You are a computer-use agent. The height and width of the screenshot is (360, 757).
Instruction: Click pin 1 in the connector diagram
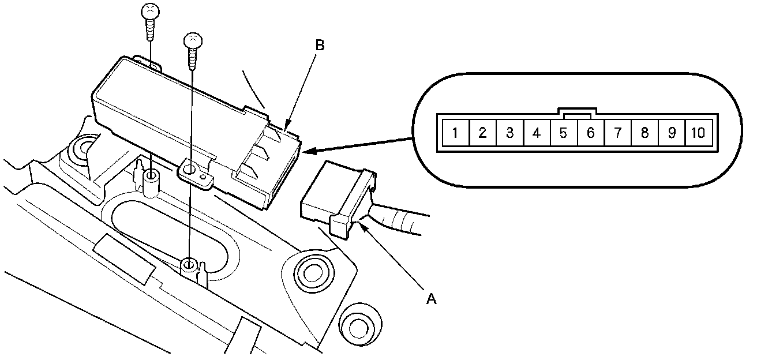tap(455, 133)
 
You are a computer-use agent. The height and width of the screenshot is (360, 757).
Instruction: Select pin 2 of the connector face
tap(482, 133)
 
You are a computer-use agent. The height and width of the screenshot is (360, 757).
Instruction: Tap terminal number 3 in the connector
tap(509, 133)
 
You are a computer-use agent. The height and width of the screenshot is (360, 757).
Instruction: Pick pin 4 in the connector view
tap(537, 133)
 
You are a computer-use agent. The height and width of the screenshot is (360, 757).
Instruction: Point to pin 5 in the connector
tap(564, 133)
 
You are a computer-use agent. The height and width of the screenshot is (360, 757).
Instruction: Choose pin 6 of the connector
tap(590, 133)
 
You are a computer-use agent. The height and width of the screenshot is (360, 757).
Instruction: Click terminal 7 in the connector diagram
tap(617, 133)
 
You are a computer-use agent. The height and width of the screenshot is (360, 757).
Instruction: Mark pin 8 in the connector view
tap(644, 133)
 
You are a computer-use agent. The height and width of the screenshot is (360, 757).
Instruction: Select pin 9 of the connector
tap(672, 133)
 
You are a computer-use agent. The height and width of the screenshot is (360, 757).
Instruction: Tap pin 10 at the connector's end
tap(698, 133)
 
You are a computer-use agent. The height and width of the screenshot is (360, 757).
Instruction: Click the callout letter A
tap(430, 298)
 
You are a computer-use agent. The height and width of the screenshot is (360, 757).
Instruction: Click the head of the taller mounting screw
tap(149, 11)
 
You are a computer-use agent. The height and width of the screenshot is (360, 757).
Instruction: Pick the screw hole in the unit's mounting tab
tap(190, 171)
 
